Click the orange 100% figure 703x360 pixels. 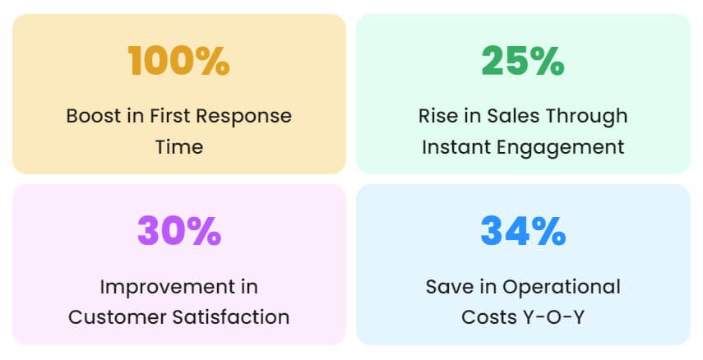click(179, 61)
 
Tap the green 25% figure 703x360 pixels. click(523, 61)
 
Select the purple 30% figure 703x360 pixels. click(179, 231)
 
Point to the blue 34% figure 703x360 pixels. click(523, 231)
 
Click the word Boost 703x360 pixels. click(94, 116)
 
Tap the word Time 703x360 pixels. click(179, 147)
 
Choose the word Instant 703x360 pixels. click(456, 147)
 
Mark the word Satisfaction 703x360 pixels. click(231, 317)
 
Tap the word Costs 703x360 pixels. click(488, 317)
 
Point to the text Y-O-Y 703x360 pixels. click(553, 317)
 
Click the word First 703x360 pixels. click(170, 116)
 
